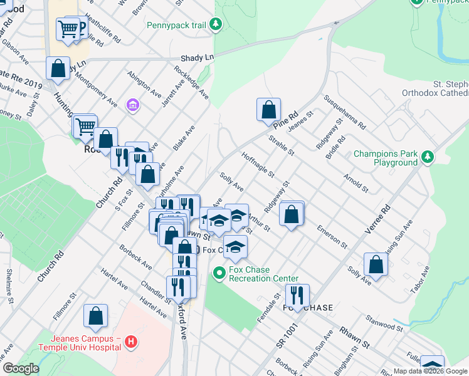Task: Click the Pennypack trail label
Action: tap(176, 26)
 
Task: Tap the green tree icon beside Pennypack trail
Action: tap(216, 24)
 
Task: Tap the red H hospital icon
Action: tap(130, 342)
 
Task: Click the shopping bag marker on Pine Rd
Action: tap(268, 110)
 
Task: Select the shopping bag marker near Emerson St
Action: tap(292, 213)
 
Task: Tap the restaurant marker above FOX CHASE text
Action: tap(297, 295)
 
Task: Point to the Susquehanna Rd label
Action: tap(344, 112)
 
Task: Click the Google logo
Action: tap(21, 368)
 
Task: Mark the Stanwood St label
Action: tap(385, 326)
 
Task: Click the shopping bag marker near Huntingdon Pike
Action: tap(58, 70)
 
